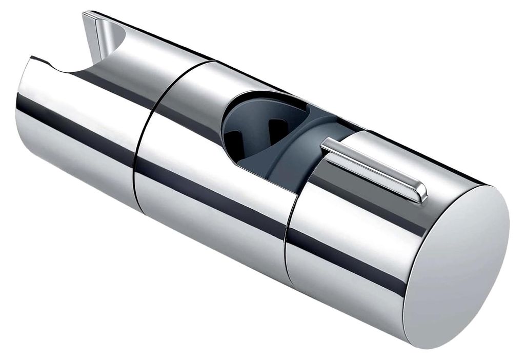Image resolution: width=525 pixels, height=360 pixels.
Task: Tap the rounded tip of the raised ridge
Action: click(x=421, y=195)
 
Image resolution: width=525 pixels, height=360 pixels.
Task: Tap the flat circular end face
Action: click(x=456, y=267)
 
